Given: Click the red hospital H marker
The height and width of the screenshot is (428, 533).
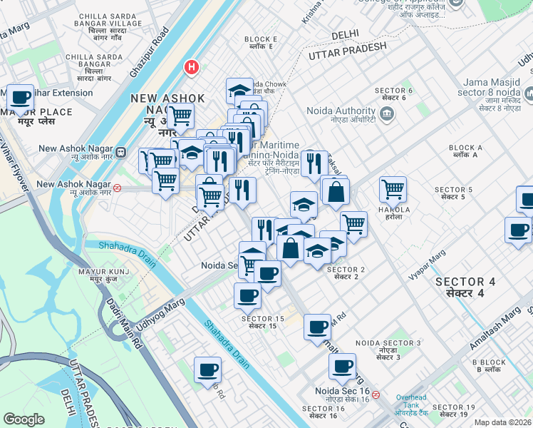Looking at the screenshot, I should (x=191, y=68).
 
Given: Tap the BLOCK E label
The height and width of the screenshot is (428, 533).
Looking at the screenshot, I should (x=260, y=44).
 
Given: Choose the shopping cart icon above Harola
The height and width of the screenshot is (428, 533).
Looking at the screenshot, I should (x=392, y=188).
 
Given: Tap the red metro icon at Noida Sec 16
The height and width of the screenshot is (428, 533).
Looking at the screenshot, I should (x=376, y=394).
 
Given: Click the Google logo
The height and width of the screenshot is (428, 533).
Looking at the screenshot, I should (x=24, y=419).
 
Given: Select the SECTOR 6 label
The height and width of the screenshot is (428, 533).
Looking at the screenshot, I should (x=393, y=94).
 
